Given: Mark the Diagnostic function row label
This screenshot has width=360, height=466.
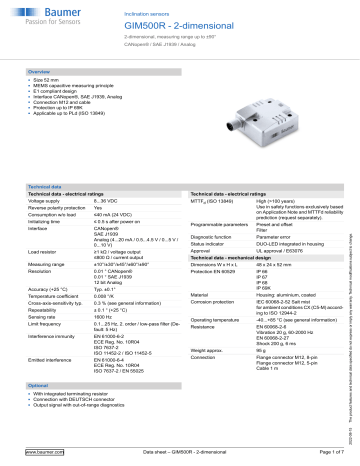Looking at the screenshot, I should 212,234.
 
